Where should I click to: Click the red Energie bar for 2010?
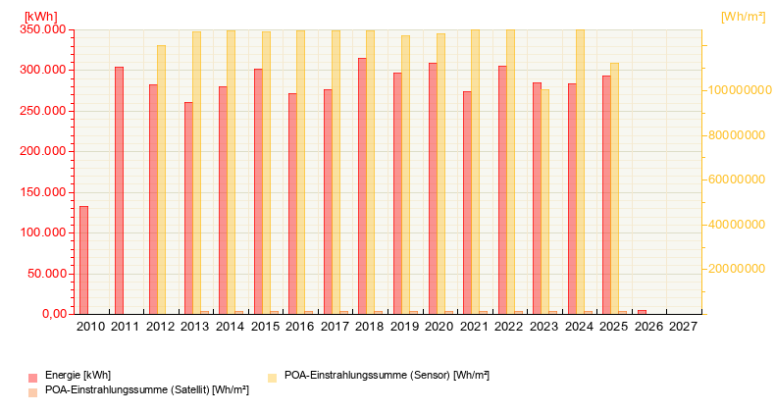click(83, 260)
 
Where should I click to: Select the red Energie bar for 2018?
click(362, 185)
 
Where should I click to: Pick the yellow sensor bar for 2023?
click(545, 201)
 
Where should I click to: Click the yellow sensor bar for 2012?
click(162, 180)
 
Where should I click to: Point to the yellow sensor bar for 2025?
click(615, 188)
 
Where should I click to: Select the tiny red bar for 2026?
click(642, 311)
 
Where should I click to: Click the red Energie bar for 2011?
click(119, 190)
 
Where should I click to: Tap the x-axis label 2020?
click(439, 327)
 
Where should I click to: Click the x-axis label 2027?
click(683, 327)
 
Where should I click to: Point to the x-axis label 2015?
click(265, 327)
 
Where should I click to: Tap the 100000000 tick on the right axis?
click(734, 90)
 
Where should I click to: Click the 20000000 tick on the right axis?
click(737, 269)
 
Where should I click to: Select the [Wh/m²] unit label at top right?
click(743, 16)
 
